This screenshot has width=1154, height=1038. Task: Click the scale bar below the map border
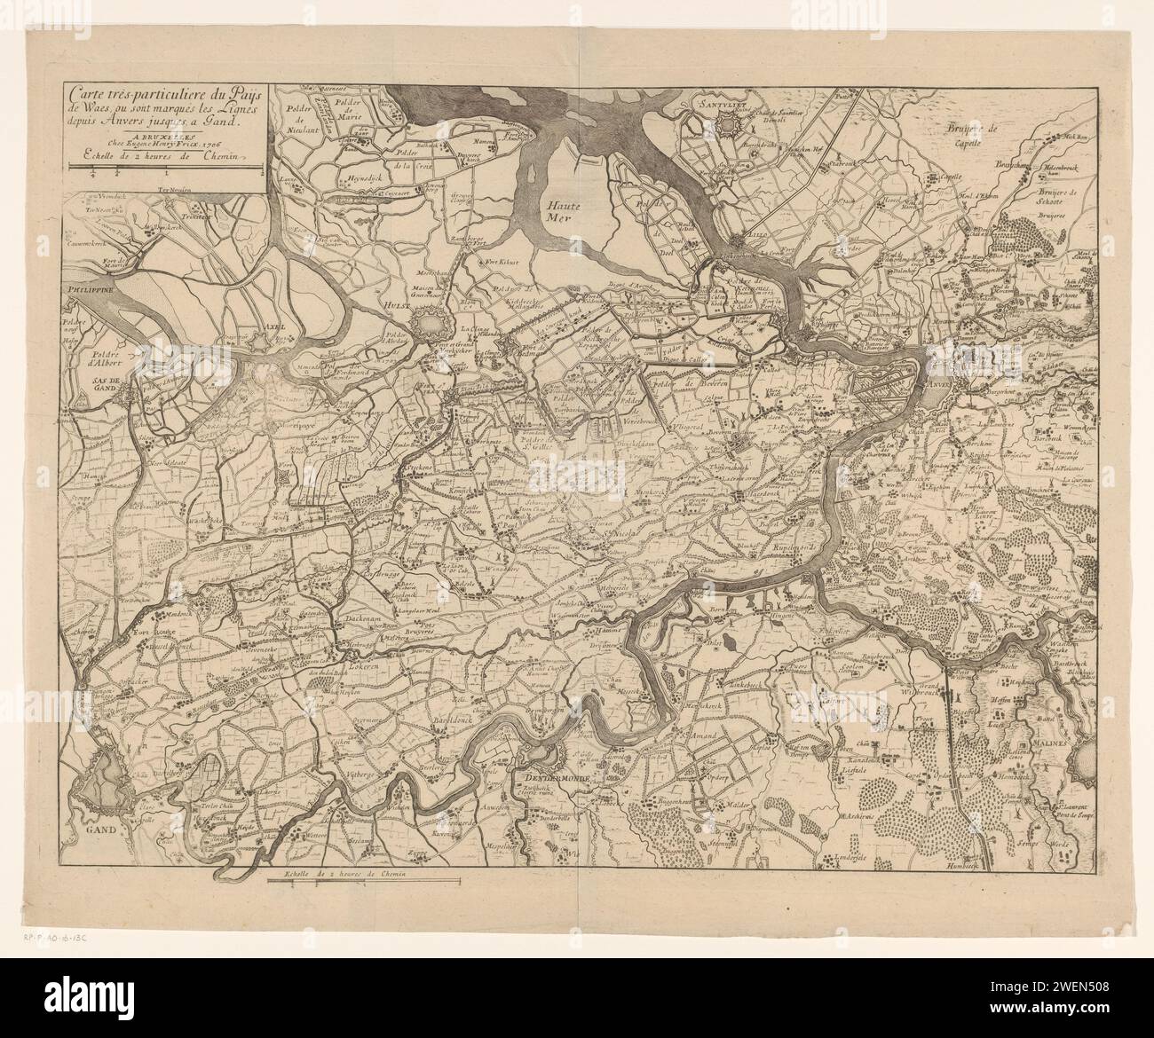[364, 881]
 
